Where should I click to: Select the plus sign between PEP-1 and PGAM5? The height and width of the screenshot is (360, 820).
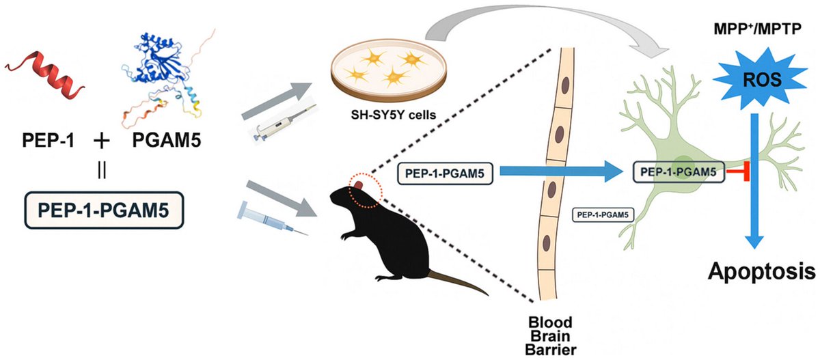(102, 141)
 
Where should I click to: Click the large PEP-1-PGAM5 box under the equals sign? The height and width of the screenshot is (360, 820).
(104, 210)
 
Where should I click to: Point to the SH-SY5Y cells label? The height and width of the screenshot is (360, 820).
(393, 115)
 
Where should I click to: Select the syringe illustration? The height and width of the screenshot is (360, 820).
(273, 218)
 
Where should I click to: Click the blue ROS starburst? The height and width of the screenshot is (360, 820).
(761, 79)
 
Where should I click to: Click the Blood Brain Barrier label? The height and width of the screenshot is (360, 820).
(550, 336)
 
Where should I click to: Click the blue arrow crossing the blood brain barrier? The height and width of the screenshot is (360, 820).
(561, 171)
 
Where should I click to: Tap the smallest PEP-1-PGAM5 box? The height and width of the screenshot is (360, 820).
(603, 214)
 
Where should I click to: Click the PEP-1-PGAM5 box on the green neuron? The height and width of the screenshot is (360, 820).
(679, 172)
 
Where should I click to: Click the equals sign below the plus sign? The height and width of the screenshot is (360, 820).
(102, 171)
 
